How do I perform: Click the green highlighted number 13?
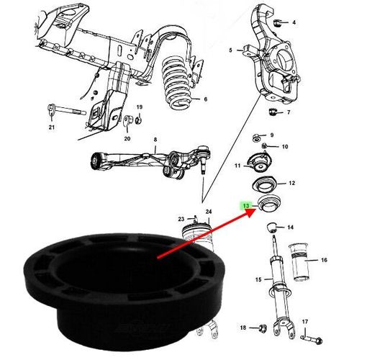point(246,205)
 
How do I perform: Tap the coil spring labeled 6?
point(178,83)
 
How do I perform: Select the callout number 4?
point(294,22)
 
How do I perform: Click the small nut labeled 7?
point(272,112)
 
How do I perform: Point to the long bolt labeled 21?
point(67,111)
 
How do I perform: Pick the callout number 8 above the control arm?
point(155,140)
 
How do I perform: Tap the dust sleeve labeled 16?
point(299,261)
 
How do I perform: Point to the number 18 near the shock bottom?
point(243,328)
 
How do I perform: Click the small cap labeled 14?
point(271,227)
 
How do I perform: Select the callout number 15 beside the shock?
point(258,279)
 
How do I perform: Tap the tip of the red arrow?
point(255,211)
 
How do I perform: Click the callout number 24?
point(209,212)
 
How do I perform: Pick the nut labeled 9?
point(256,138)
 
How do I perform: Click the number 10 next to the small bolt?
point(285,147)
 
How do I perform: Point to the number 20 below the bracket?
point(127,138)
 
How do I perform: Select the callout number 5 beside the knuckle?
point(230,50)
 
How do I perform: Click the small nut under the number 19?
point(139,120)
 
